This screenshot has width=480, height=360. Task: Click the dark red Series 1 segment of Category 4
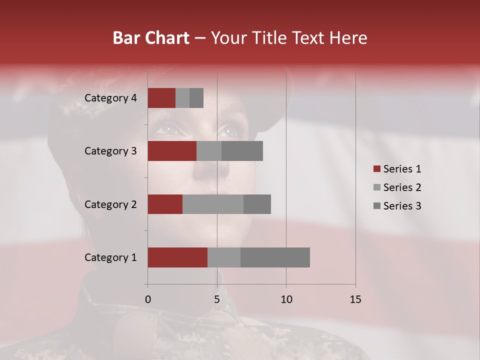(x=161, y=98)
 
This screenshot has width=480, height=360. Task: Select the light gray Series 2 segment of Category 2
(x=213, y=204)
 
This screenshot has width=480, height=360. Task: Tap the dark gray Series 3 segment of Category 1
(x=275, y=257)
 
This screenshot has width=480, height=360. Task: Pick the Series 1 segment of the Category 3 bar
(x=172, y=151)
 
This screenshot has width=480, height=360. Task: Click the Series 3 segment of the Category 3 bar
(x=242, y=151)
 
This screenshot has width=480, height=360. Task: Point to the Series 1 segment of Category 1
(x=177, y=257)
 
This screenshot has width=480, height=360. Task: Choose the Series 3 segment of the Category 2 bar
(x=257, y=204)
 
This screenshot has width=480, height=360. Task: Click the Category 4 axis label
(x=110, y=98)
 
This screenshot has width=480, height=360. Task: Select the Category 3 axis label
(x=110, y=151)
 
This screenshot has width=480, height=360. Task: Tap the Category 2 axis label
(x=110, y=204)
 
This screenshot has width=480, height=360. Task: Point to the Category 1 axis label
(x=110, y=257)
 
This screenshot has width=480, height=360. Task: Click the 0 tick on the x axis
(x=147, y=299)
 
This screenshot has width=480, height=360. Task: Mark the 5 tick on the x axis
(x=217, y=299)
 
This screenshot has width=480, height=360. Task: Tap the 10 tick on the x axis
(x=286, y=299)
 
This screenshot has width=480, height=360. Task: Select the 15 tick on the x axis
(x=355, y=299)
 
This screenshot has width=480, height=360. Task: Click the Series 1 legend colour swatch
(x=376, y=169)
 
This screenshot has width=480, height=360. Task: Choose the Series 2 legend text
(x=402, y=187)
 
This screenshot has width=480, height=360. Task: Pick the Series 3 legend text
(x=402, y=206)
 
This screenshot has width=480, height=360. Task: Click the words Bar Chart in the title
(x=151, y=38)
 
